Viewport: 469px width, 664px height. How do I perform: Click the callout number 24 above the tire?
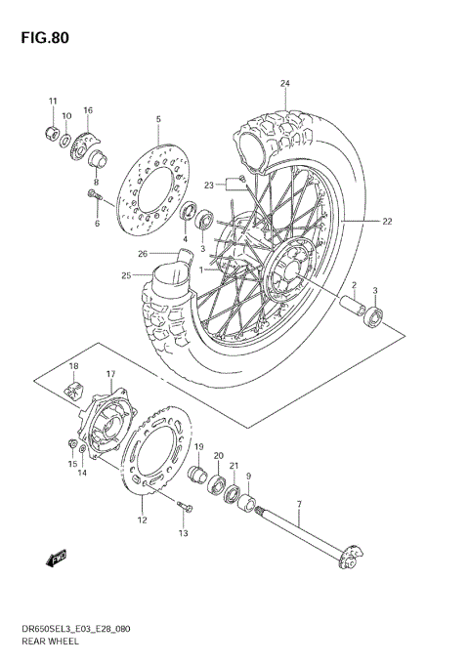pos(285,83)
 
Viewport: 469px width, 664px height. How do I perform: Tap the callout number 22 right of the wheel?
pos(387,222)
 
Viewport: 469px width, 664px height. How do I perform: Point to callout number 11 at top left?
pos(54,101)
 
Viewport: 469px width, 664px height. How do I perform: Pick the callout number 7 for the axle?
pos(299,503)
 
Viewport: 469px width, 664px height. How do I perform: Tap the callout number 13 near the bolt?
pos(182,533)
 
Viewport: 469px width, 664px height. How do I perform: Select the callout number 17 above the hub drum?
pos(110,374)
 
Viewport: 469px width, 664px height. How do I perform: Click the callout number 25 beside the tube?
pos(126,276)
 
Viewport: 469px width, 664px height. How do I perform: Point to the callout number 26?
pos(143,254)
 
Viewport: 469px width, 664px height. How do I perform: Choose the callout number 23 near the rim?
pos(208,186)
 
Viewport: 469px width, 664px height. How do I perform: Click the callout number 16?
pos(88,110)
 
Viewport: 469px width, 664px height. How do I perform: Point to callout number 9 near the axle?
pos(249,477)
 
